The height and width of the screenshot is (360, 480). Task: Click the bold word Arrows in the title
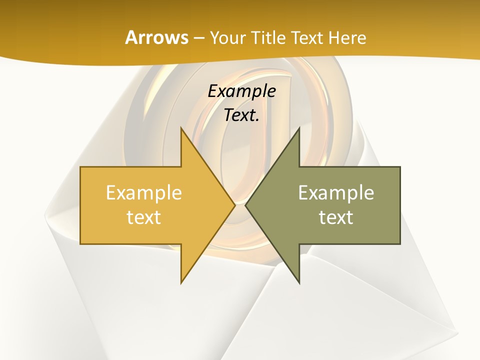click(156, 37)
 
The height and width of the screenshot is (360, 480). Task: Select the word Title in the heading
click(268, 37)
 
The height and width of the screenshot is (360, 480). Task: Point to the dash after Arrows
click(198, 38)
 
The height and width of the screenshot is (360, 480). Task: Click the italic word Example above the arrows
click(241, 91)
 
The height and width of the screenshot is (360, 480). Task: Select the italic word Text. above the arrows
click(241, 115)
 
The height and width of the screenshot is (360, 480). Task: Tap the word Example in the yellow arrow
click(144, 192)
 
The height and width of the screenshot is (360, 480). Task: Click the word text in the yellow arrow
click(144, 217)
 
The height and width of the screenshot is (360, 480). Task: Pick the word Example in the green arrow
click(336, 192)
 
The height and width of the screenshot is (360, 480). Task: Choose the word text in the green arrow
click(336, 217)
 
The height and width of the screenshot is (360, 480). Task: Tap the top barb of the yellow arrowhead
click(181, 128)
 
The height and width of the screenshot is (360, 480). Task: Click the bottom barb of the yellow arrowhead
click(181, 283)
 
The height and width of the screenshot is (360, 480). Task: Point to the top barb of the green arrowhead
click(299, 128)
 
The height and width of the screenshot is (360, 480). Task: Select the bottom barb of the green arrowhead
click(299, 283)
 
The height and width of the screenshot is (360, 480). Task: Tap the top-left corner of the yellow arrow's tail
click(81, 167)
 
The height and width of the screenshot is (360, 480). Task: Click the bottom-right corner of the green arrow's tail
click(400, 243)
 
